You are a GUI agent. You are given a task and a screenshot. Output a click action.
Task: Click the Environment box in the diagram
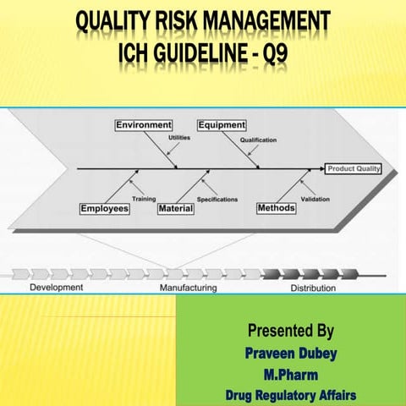(144, 125)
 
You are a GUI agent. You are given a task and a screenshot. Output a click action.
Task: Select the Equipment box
(222, 125)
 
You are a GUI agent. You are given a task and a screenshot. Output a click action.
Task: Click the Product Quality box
(354, 168)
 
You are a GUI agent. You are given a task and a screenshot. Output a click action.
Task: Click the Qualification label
(258, 140)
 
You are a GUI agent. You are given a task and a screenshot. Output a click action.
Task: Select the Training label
(144, 199)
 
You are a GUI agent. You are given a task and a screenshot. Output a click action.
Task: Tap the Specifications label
(217, 199)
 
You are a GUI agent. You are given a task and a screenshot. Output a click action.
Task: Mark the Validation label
(315, 199)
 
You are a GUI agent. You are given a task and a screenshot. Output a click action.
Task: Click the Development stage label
(57, 288)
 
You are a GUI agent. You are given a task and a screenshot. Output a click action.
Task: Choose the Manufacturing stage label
(188, 288)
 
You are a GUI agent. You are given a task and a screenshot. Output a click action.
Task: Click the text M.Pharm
(290, 373)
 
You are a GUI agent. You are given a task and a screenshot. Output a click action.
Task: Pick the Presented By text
(290, 329)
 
